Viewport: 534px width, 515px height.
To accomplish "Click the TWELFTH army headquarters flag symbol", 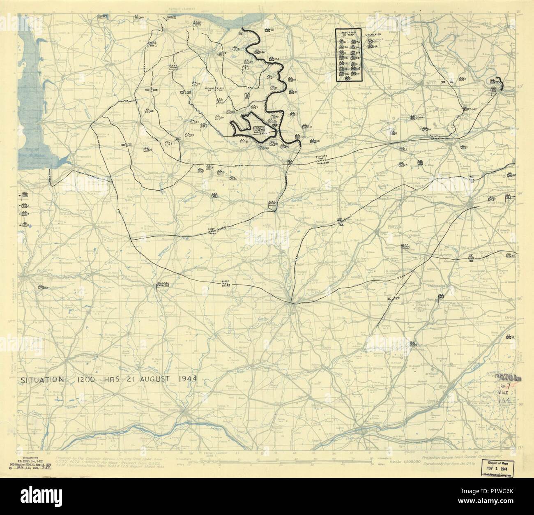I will [x=163, y=284].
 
